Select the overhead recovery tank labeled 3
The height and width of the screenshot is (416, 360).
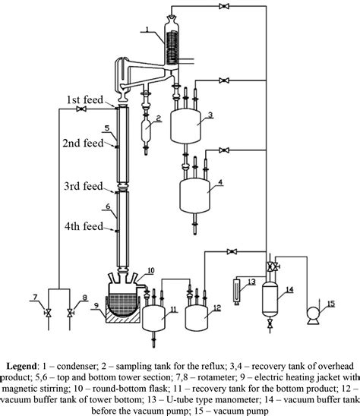[x=182, y=122]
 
